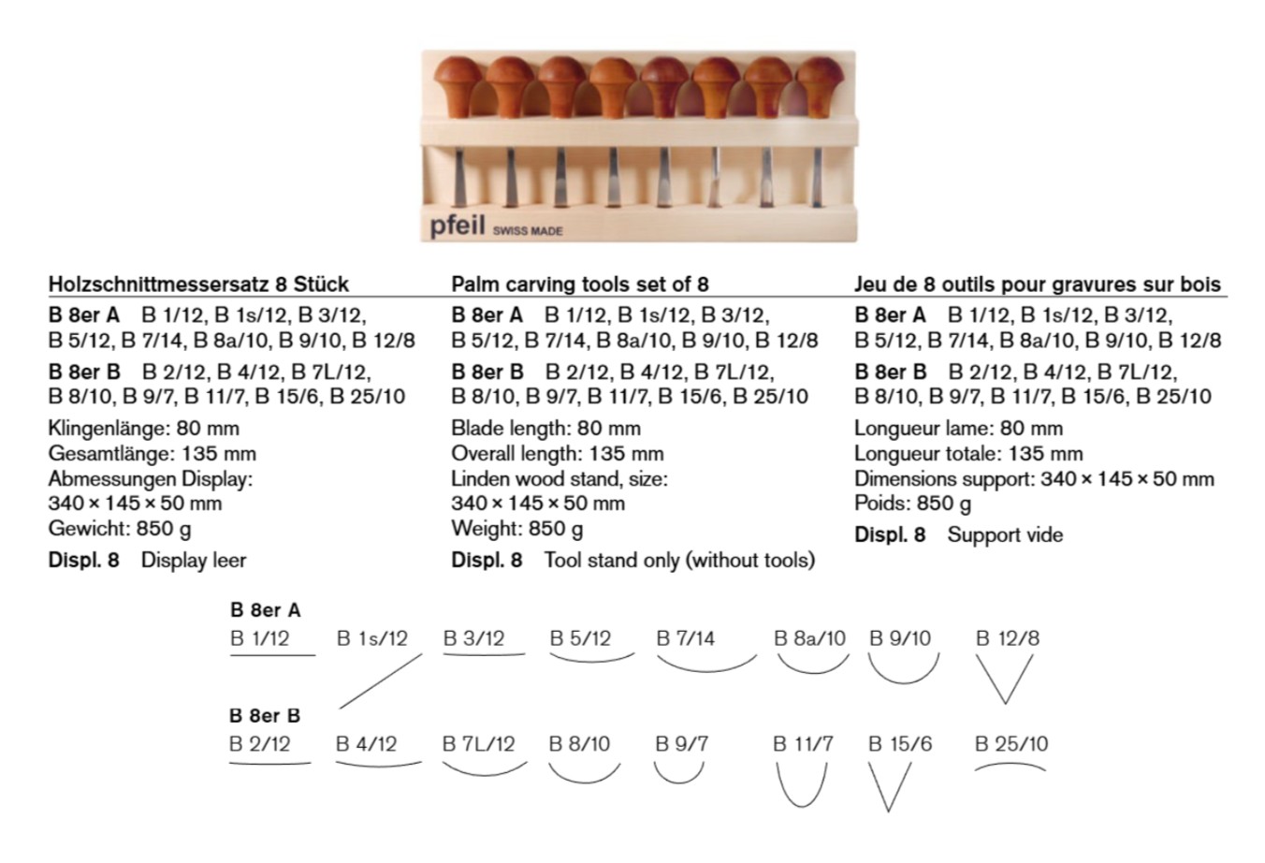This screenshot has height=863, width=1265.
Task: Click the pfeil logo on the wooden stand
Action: pyautogui.click(x=457, y=226)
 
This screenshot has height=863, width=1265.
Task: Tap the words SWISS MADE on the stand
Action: pyautogui.click(x=528, y=231)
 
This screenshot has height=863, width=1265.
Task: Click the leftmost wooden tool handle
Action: pyautogui.click(x=458, y=87)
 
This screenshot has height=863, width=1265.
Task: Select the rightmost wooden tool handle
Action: pyautogui.click(x=820, y=88)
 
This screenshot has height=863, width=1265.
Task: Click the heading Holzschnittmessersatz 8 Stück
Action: pyautogui.click(x=198, y=285)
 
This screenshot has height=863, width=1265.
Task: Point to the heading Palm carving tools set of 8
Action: pyautogui.click(x=579, y=285)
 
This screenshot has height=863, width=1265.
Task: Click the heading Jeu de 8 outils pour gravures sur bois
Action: pyautogui.click(x=1037, y=285)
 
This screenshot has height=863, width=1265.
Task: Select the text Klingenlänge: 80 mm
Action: pyautogui.click(x=143, y=428)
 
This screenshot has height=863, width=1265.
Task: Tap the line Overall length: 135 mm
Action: pyautogui.click(x=557, y=454)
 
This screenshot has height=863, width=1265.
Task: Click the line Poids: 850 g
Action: pyautogui.click(x=912, y=504)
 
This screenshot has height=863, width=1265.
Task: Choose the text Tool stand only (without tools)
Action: pyautogui.click(x=679, y=561)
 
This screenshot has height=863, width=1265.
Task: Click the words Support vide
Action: pyautogui.click(x=1005, y=534)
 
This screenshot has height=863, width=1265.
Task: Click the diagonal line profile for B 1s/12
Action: pyautogui.click(x=381, y=681)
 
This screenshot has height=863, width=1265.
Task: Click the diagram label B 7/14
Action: pyautogui.click(x=685, y=638)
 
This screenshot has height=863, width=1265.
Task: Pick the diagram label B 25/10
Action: pyautogui.click(x=1011, y=744)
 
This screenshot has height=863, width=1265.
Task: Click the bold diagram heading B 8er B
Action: pyautogui.click(x=264, y=716)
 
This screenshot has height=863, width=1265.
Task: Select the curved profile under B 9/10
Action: pyautogui.click(x=903, y=682)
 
